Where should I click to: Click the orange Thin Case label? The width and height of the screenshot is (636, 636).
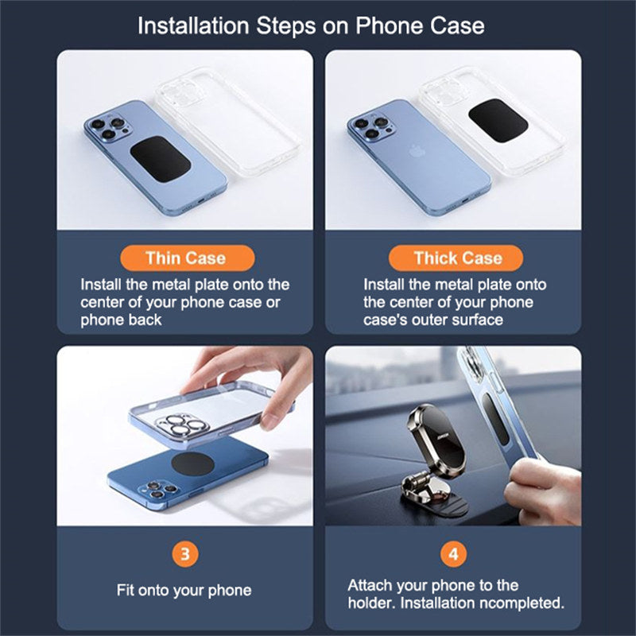tap(188, 258)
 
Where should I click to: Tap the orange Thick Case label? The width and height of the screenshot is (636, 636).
tap(456, 258)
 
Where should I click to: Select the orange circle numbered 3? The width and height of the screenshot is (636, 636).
tap(185, 553)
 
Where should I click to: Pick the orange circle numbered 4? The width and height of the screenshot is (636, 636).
tap(453, 553)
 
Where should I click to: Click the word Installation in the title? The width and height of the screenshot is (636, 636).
tap(193, 26)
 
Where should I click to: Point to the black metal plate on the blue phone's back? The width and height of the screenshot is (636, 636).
tap(161, 159)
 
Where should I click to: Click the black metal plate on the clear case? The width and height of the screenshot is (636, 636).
tap(498, 121)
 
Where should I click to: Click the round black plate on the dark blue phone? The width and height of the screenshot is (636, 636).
tap(192, 464)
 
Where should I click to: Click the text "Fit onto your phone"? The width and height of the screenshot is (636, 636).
tap(184, 590)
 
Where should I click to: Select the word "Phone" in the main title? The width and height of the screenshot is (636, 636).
tap(390, 26)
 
